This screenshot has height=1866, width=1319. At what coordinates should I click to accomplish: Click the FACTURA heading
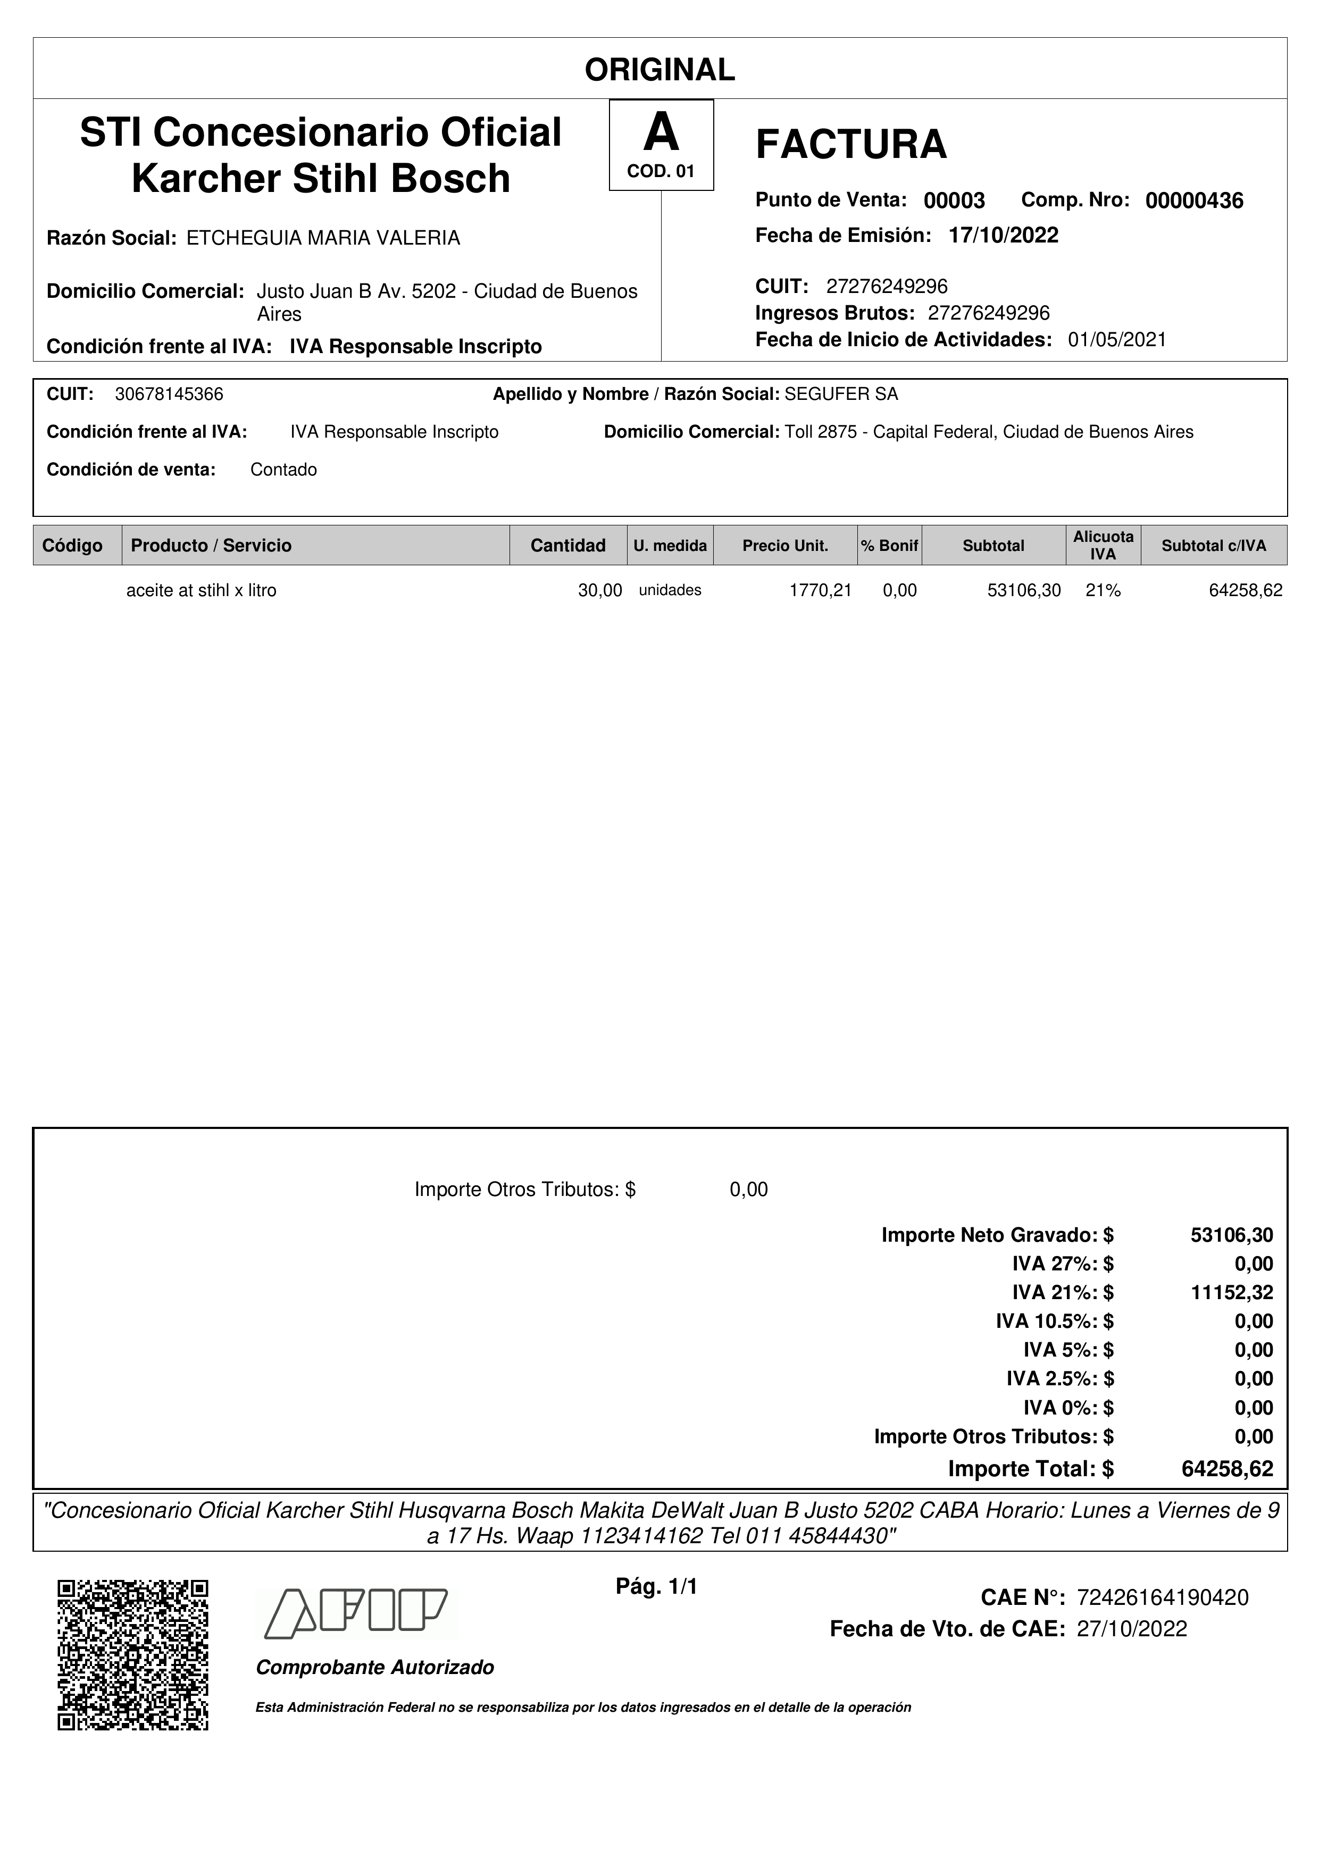click(x=851, y=145)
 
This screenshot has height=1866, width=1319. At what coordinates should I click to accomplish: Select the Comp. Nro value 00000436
click(x=1194, y=200)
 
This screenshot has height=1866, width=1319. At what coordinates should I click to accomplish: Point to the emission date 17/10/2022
click(x=1003, y=236)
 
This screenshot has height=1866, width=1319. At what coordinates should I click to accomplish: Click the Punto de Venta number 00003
click(x=954, y=200)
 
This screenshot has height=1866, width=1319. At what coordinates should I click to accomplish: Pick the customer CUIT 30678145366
click(x=169, y=394)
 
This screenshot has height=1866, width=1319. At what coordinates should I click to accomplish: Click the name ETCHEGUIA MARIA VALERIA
click(x=323, y=238)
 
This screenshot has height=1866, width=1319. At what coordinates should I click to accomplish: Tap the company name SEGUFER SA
click(x=841, y=394)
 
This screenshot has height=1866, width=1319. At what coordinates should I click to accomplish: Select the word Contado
click(x=283, y=470)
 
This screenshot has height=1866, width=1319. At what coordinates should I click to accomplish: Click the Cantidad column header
click(x=567, y=545)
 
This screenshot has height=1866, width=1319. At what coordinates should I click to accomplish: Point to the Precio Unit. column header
click(x=785, y=545)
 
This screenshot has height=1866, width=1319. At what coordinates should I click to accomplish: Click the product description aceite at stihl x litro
click(x=202, y=591)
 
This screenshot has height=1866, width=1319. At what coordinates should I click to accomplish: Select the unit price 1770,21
click(x=820, y=591)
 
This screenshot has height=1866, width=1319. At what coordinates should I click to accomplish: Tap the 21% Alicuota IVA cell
click(x=1103, y=591)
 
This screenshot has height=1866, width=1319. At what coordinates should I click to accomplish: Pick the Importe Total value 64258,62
click(x=1227, y=1469)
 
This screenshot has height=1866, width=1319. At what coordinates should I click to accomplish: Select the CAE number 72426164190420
click(x=1162, y=1598)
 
